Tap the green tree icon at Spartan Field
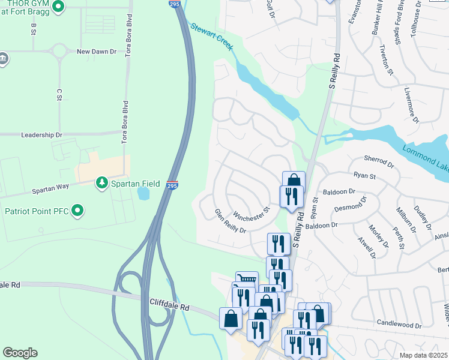pos(102,182)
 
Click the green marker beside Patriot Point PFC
pos(77,211)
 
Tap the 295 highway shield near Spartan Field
pos(172,185)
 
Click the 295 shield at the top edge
pos(173,4)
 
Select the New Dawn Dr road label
pos(97,52)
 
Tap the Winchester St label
pos(252,214)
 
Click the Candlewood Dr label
pos(399,324)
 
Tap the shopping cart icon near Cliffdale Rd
pos(247,279)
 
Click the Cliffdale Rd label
pos(169,307)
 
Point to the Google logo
pos(20,353)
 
